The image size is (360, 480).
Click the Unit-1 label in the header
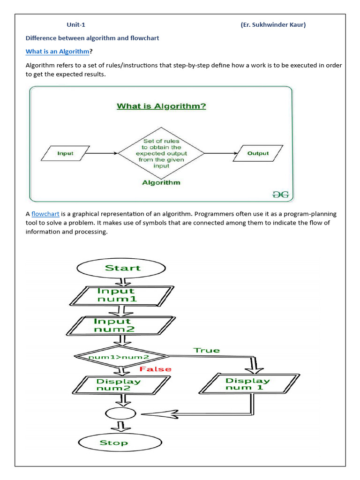(76, 25)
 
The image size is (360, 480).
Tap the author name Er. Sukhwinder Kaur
(273, 25)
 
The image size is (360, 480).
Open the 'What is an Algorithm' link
(58, 52)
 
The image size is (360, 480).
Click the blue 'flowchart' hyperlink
(45, 214)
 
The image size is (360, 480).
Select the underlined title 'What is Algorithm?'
(161, 106)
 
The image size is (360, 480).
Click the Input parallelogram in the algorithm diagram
(65, 153)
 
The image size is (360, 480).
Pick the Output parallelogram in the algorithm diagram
(258, 153)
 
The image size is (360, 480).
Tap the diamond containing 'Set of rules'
(161, 153)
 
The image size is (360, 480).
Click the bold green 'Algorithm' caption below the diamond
(161, 183)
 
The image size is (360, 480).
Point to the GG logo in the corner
(280, 195)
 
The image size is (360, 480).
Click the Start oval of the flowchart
(121, 268)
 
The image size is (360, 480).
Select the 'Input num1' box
(122, 296)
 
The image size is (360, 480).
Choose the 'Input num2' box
(121, 326)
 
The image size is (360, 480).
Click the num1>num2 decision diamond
(121, 356)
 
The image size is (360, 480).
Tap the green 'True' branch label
(207, 350)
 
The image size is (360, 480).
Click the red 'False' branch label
(156, 369)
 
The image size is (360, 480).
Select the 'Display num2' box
(121, 385)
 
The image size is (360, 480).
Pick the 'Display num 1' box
(249, 383)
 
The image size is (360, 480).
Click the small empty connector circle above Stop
(120, 413)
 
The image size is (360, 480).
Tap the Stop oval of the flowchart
(120, 442)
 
